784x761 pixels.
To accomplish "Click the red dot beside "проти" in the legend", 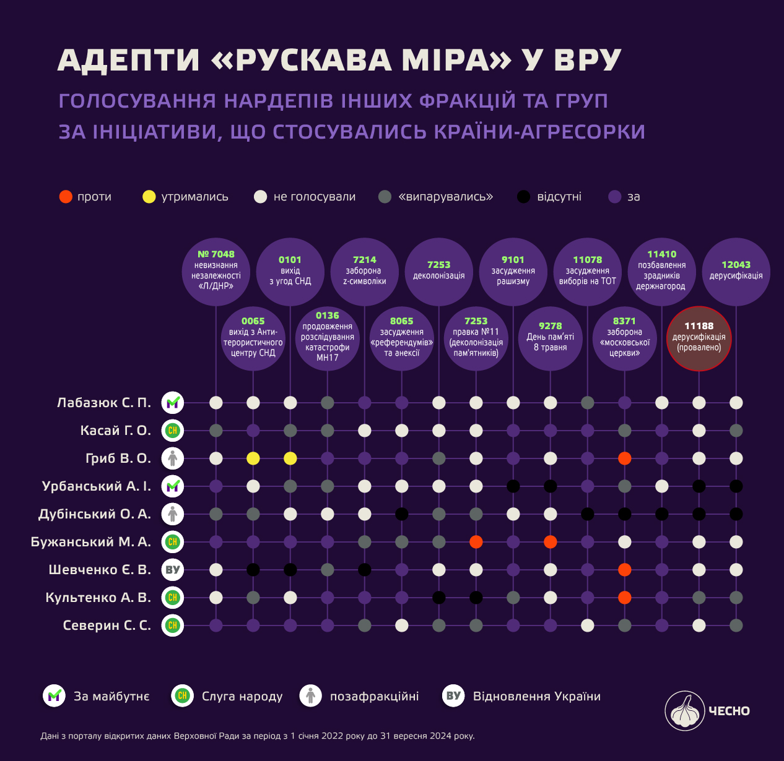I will pyautogui.click(x=66, y=197).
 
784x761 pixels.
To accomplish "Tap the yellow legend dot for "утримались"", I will pyautogui.click(x=149, y=197).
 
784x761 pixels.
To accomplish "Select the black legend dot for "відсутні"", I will pyautogui.click(x=524, y=197).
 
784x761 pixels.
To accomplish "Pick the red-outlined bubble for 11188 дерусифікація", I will pyautogui.click(x=699, y=338).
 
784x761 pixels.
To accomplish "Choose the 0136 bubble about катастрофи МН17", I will pyautogui.click(x=328, y=338).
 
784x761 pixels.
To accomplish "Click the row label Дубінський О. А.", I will pyautogui.click(x=95, y=514).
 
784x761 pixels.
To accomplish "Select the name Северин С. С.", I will pyautogui.click(x=107, y=625).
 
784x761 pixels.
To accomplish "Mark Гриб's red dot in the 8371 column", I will pyautogui.click(x=625, y=458).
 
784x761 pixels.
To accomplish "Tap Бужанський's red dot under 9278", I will pyautogui.click(x=551, y=542).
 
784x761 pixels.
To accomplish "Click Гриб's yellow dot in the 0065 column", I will pyautogui.click(x=253, y=458).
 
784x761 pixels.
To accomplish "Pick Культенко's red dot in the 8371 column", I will pyautogui.click(x=625, y=598).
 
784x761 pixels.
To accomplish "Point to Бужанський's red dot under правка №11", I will pyautogui.click(x=476, y=542).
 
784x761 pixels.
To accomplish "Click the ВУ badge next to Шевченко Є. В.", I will pyautogui.click(x=173, y=570).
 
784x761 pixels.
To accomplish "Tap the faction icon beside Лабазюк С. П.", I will pyautogui.click(x=173, y=403).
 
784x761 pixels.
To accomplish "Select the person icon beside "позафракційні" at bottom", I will pyautogui.click(x=311, y=696).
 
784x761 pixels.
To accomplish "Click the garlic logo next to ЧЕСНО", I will pyautogui.click(x=684, y=711).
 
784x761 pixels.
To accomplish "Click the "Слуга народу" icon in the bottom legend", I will pyautogui.click(x=183, y=696).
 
